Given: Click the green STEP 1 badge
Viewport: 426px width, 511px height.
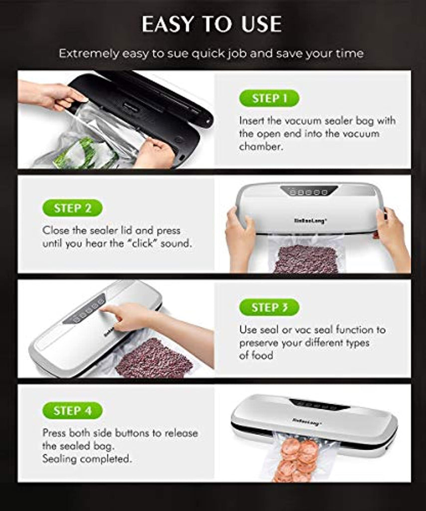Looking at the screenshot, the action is click(269, 98).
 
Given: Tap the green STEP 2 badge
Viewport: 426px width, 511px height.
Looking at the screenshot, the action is click(72, 208).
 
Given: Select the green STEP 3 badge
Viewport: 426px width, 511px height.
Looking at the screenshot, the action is click(269, 307).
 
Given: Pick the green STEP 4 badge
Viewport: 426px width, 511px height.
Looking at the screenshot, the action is click(72, 410).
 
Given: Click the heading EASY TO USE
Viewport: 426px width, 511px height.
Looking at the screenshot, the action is click(212, 24).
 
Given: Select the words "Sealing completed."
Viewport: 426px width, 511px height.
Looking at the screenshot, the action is click(87, 459).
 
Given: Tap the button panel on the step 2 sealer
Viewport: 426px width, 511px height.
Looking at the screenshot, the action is click(309, 191).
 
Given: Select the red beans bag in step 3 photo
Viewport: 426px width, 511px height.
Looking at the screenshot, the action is click(154, 358).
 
